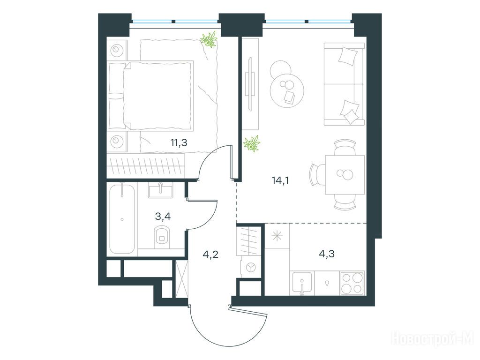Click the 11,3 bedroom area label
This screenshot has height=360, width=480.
tap(179, 142)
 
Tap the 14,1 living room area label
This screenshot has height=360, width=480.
tap(280, 180)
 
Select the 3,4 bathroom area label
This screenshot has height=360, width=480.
tap(163, 217)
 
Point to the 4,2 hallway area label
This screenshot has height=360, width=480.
tap(210, 254)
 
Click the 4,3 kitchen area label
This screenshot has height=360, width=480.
tap(327, 254)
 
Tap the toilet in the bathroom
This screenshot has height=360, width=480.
tap(162, 235)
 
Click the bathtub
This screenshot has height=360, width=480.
tap(122, 218)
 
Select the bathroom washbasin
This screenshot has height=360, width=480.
tap(160, 190)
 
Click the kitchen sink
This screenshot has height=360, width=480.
tap(302, 282)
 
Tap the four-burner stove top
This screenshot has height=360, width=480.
tap(352, 283)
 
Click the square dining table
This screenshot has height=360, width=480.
tap(345, 175)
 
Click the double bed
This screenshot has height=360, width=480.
tap(151, 96)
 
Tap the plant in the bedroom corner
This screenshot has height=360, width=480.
tap(209, 39)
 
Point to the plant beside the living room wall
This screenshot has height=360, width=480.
tap(252, 143)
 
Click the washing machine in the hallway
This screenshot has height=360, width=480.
tap(250, 267)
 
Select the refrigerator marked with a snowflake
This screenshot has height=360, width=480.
tap(277, 236)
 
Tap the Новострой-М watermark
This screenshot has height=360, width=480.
tap(432, 338)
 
